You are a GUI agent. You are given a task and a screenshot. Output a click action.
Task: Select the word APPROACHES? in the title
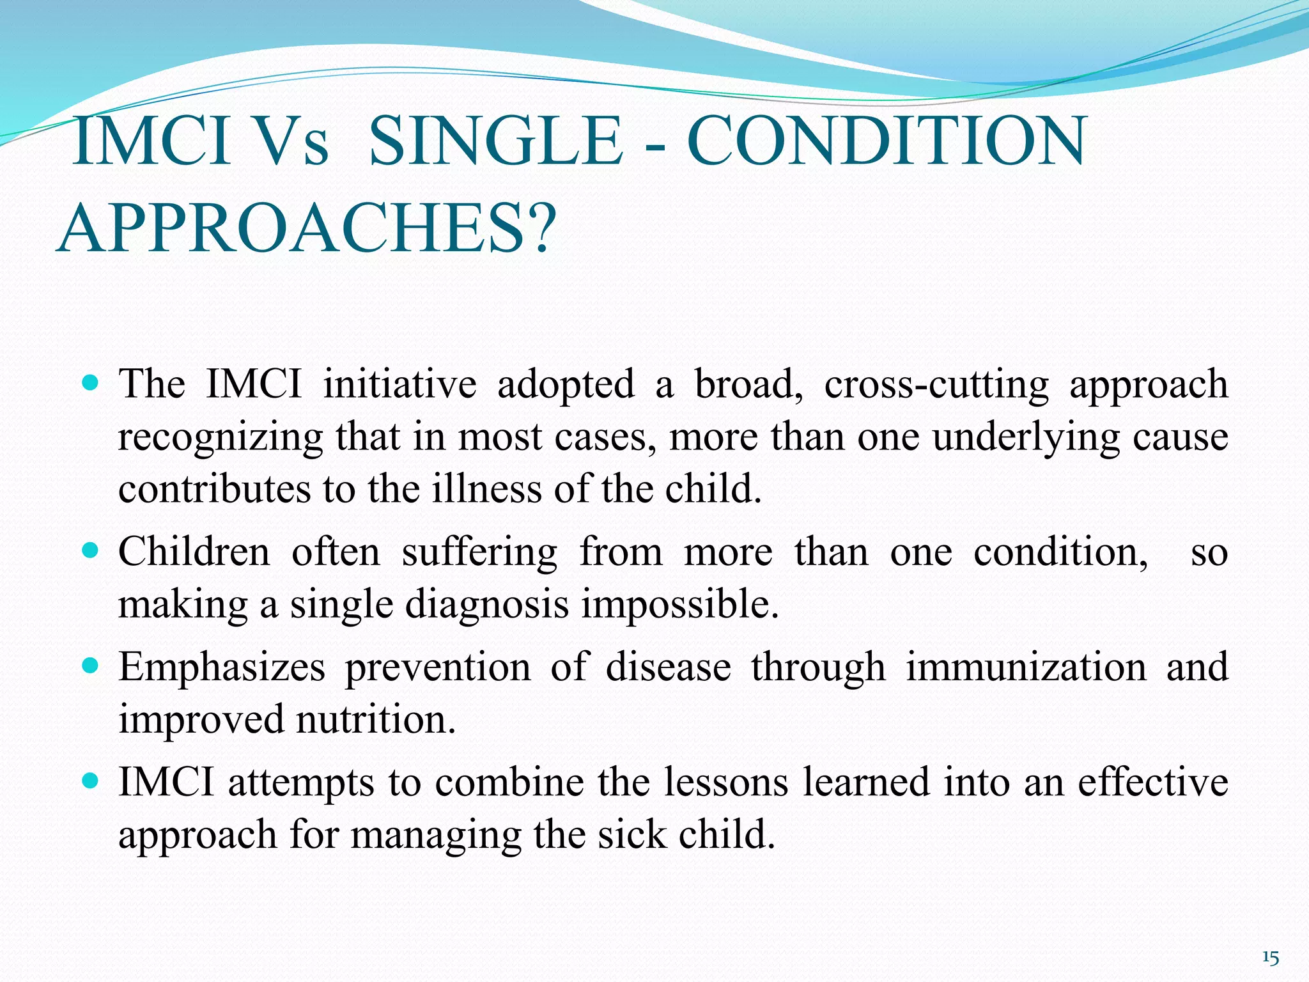tap(306, 229)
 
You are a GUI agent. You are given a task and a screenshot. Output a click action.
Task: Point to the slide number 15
tap(1271, 958)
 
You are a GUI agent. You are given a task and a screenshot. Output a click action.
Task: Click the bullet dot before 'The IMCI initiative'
tap(91, 384)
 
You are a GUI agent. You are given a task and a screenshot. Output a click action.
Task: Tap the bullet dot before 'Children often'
tap(91, 550)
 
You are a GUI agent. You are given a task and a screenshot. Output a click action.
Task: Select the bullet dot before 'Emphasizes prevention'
tap(91, 666)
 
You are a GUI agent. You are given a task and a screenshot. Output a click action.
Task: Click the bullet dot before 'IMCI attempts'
tap(91, 781)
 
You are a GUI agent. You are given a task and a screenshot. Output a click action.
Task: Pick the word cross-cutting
tap(936, 385)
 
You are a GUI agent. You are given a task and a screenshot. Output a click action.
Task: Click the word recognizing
tap(221, 439)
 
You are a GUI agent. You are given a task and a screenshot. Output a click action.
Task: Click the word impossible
tap(679, 604)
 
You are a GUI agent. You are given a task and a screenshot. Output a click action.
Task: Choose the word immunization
tap(1026, 667)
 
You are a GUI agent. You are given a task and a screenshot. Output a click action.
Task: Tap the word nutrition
tap(376, 719)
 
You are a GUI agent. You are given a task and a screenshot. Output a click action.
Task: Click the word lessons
tap(725, 783)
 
